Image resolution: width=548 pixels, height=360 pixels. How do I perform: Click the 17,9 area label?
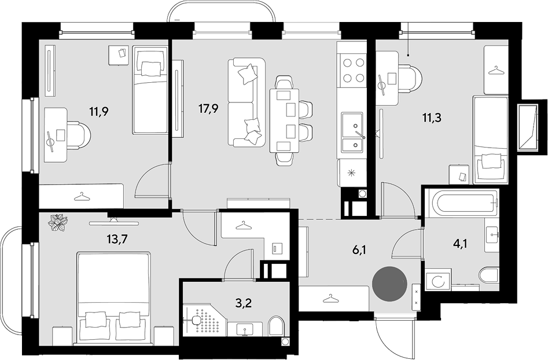(209, 109)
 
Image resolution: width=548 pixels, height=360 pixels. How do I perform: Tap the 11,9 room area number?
(100, 112)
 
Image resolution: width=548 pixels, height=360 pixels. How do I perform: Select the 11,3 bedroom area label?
(432, 118)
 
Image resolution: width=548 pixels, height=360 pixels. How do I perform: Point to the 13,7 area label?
(117, 240)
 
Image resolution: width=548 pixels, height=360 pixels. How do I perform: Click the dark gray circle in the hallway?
(389, 283)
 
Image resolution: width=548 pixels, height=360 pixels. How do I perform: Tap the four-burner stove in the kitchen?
(352, 70)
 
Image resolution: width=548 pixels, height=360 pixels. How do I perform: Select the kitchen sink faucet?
(360, 135)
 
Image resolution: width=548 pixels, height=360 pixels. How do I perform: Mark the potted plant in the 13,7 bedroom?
(58, 223)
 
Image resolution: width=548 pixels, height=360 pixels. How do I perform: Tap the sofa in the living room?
(247, 102)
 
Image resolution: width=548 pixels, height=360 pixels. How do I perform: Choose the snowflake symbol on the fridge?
(351, 173)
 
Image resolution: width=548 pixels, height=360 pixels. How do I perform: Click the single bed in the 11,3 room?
(490, 140)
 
